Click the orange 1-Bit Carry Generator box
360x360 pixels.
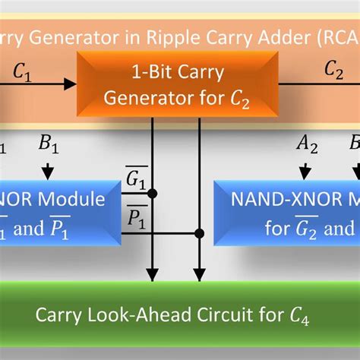pyautogui.click(x=176, y=84)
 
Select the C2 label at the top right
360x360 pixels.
pyautogui.click(x=333, y=69)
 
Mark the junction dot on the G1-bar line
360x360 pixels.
pyautogui.click(x=153, y=194)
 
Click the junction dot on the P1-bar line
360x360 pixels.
pyautogui.click(x=199, y=233)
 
